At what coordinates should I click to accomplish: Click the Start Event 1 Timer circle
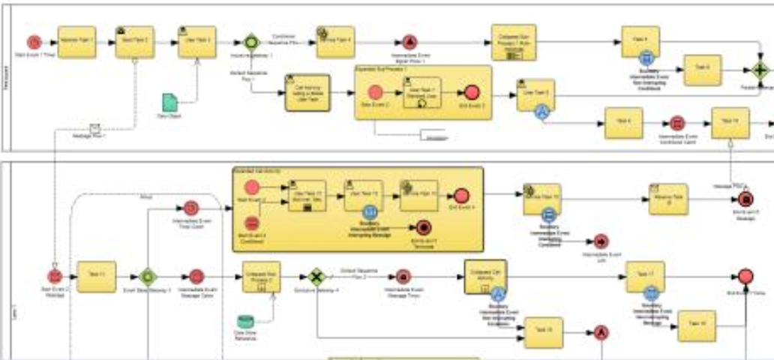click(x=34, y=42)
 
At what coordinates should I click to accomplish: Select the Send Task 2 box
click(x=134, y=42)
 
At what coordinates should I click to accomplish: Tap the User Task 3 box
click(x=197, y=42)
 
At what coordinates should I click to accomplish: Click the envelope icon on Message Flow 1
click(x=95, y=128)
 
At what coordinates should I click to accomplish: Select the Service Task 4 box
click(x=335, y=42)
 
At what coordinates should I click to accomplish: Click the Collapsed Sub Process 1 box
click(x=514, y=42)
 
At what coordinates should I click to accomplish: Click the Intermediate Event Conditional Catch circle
click(x=677, y=123)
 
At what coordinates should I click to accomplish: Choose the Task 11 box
click(x=97, y=277)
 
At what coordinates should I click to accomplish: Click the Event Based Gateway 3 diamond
click(x=147, y=277)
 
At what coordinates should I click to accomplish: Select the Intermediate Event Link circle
click(x=601, y=241)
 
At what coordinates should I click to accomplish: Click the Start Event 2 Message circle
click(x=54, y=277)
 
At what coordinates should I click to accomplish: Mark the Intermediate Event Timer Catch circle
click(x=191, y=207)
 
